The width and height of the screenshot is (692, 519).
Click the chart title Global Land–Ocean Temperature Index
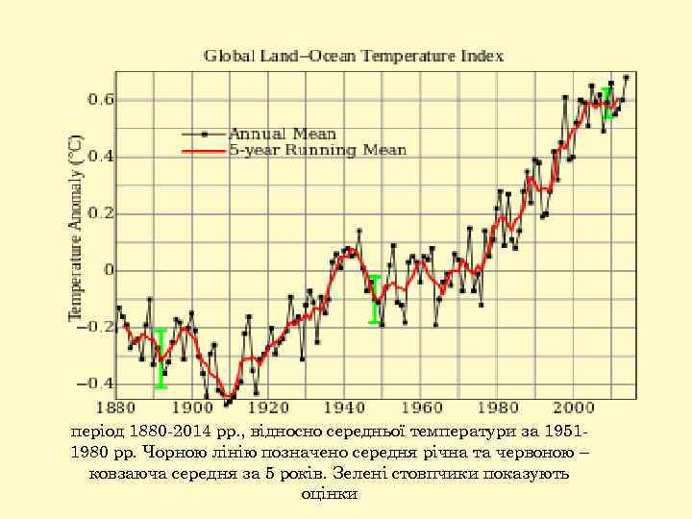(x=353, y=56)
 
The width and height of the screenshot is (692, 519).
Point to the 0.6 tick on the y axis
(x=101, y=100)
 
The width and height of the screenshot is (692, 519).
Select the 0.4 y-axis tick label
(x=101, y=157)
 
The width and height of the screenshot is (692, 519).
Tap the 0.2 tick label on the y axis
(x=101, y=213)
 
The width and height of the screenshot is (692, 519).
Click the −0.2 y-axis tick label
(x=97, y=327)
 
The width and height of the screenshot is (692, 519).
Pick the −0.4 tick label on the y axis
(x=97, y=383)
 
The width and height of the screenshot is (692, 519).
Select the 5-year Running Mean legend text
(x=317, y=150)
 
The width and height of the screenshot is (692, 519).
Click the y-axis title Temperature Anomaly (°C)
(x=75, y=229)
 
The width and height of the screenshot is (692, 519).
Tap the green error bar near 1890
(x=161, y=358)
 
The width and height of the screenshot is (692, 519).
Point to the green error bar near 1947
(x=375, y=299)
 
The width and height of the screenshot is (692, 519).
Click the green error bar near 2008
(x=606, y=102)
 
